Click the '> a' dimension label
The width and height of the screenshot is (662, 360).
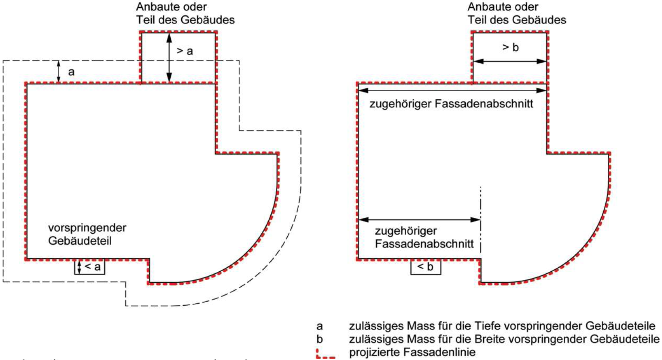pyautogui.click(x=185, y=51)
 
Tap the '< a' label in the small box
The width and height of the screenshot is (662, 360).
pyautogui.click(x=93, y=267)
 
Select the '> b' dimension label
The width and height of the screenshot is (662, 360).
pyautogui.click(x=510, y=47)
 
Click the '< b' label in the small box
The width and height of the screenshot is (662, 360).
pyautogui.click(x=425, y=267)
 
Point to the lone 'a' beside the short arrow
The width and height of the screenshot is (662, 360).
pyautogui.click(x=71, y=72)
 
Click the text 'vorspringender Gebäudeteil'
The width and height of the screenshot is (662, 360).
pyautogui.click(x=87, y=234)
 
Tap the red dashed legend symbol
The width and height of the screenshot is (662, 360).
pyautogui.click(x=326, y=354)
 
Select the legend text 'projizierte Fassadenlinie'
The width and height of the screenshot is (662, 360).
pyautogui.click(x=412, y=352)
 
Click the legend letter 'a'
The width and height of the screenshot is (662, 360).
pyautogui.click(x=320, y=326)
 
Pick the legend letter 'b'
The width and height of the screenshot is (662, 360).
pyautogui.click(x=320, y=339)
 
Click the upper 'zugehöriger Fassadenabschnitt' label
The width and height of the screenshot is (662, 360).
pyautogui.click(x=451, y=104)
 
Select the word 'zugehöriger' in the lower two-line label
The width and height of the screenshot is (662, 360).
pyautogui.click(x=406, y=231)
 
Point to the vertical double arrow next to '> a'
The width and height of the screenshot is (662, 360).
pyautogui.click(x=169, y=58)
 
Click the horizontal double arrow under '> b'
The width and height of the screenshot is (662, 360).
pyautogui.click(x=510, y=62)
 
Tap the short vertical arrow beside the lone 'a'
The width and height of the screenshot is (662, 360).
pyautogui.click(x=59, y=71)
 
